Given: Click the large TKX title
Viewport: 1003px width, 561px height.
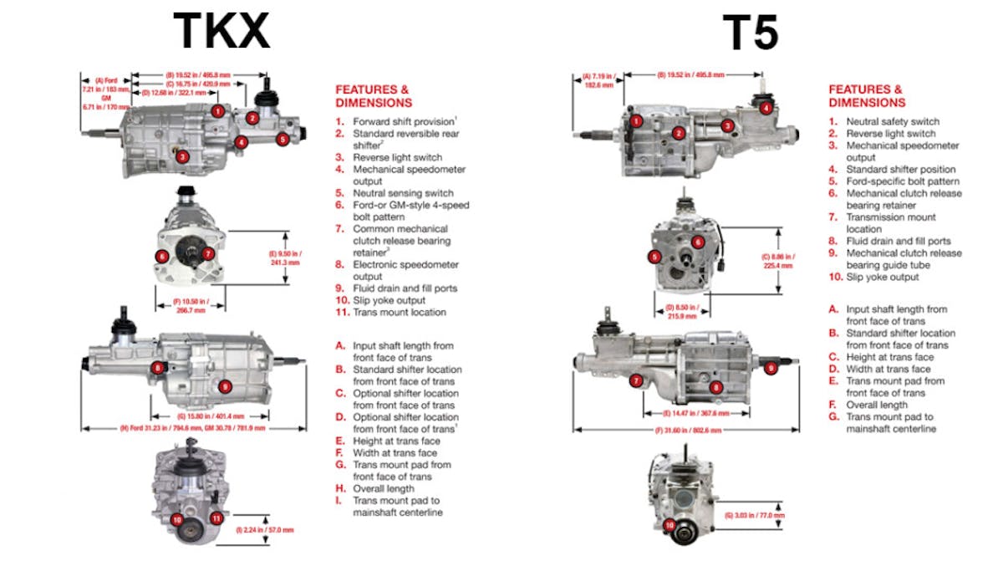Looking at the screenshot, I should (221, 31).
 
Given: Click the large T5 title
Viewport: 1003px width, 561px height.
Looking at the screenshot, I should (751, 33).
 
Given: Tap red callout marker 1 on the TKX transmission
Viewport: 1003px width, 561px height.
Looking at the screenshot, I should (217, 110).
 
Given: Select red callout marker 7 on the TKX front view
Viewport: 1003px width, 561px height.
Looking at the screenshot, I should (209, 253).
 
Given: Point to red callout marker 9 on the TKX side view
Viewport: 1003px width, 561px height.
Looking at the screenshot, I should (224, 386).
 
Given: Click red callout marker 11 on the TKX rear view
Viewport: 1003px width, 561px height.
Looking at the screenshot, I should (216, 518).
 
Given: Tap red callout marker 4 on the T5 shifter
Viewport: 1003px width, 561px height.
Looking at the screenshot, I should (766, 108).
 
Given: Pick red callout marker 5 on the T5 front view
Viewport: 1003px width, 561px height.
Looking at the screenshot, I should (655, 257).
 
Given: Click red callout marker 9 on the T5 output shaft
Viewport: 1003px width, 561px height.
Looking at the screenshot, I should (771, 367).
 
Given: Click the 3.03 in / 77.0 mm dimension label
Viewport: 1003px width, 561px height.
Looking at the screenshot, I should (756, 515).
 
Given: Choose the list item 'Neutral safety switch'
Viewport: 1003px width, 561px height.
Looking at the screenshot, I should (893, 121).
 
